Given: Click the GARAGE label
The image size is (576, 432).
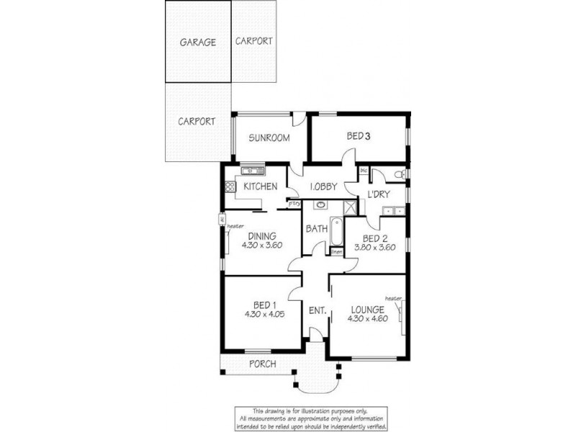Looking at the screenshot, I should [197, 42].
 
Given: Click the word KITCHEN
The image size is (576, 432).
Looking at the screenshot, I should [260, 186].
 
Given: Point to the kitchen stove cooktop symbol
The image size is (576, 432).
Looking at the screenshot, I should [230, 186].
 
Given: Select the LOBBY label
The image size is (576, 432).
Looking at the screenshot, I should [323, 186].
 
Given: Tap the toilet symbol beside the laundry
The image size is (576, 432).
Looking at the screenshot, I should [397, 174].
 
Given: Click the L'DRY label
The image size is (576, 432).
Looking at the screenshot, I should [379, 195].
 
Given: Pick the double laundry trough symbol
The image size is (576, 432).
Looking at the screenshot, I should [393, 210].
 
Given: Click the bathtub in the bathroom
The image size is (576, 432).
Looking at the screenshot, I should [337, 230].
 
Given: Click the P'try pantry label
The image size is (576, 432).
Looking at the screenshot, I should [294, 204].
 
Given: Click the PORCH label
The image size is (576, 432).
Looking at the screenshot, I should [262, 364].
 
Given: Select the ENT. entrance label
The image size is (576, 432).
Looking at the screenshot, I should [318, 311].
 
